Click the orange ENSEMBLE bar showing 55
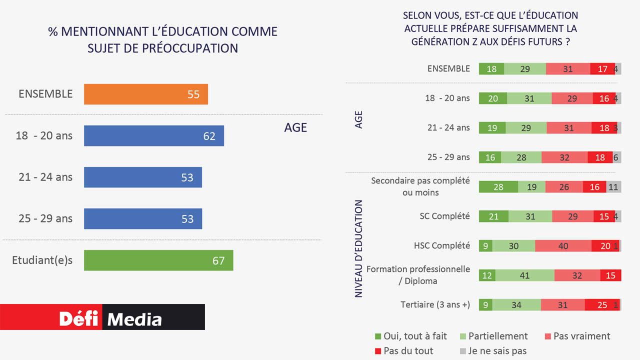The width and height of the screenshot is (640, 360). (x=145, y=94)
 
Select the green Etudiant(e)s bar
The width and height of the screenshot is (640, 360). (x=158, y=260)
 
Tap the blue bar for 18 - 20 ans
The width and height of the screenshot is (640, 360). (x=153, y=135)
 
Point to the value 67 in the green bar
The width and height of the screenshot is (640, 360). (x=218, y=261)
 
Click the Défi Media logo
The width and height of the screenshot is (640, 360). (x=102, y=317)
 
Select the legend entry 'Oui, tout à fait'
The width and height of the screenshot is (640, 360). (x=410, y=336)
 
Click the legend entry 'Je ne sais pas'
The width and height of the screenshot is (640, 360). (x=492, y=351)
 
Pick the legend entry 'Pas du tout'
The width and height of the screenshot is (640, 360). (x=403, y=351)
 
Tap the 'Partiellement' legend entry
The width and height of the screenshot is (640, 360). (x=493, y=336)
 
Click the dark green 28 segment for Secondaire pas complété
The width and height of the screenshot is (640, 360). (x=498, y=187)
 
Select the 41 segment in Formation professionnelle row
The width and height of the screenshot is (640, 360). (x=524, y=275)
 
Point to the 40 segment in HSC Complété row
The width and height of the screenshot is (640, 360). (x=563, y=246)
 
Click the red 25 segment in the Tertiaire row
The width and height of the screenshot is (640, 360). (x=602, y=305)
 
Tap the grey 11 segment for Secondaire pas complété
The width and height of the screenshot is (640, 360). (x=614, y=187)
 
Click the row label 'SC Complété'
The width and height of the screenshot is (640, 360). (x=444, y=216)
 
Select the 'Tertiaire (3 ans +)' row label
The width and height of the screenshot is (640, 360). (x=435, y=304)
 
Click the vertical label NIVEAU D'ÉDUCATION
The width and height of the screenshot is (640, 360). (x=358, y=249)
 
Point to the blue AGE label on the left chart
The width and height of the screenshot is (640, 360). (x=295, y=127)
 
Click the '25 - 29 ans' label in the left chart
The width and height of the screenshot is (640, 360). (x=45, y=218)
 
